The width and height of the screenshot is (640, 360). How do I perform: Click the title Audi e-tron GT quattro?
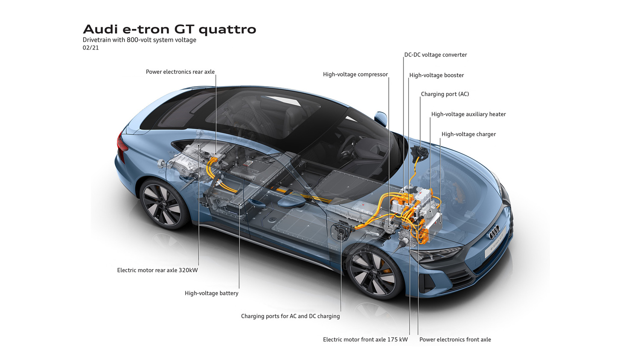pos(169,29)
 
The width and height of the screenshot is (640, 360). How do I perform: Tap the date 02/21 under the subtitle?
pos(90,48)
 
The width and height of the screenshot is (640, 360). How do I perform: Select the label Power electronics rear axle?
pos(180,72)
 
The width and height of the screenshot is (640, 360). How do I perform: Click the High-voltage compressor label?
pos(355,74)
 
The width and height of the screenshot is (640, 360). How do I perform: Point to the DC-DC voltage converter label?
pos(435,55)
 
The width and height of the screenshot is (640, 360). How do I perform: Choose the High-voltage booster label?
pos(436,75)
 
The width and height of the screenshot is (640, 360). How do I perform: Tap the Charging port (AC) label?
pos(445,94)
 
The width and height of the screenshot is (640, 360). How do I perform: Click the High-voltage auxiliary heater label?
pos(468,114)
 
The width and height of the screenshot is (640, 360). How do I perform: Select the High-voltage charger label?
pos(468,134)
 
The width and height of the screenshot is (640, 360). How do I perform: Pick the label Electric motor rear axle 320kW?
pos(157,270)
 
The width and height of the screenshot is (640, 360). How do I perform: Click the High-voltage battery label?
pos(211,293)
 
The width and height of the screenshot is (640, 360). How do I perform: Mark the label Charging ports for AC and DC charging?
pos(290,316)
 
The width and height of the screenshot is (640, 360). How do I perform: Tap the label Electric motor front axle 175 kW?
pos(365,340)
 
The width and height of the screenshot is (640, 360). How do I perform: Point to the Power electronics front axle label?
pos(455,340)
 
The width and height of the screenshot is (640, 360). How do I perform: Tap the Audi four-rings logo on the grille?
pos(494,232)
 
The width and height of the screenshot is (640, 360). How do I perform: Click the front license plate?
pos(495,247)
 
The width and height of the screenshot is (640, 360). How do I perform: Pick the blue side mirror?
pos(381,118)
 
